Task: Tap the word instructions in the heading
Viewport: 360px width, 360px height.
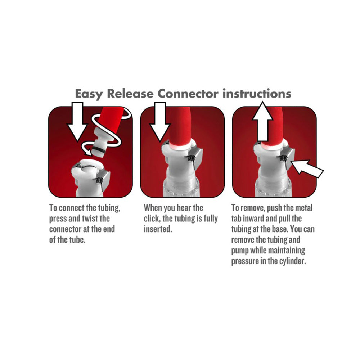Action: pos(257,94)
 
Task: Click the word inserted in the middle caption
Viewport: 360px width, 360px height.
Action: pos(158,229)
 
